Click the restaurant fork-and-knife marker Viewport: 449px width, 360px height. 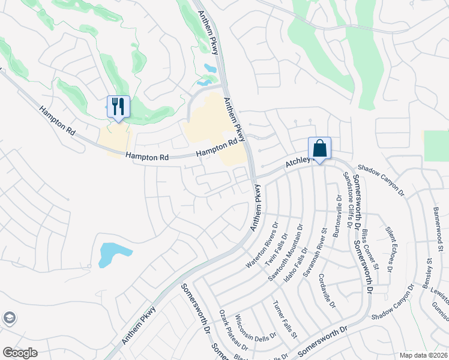coord(118,107)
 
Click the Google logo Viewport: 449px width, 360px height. coord(20,353)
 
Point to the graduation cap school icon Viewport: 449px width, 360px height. coord(9,317)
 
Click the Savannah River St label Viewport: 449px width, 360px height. coord(316,247)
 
